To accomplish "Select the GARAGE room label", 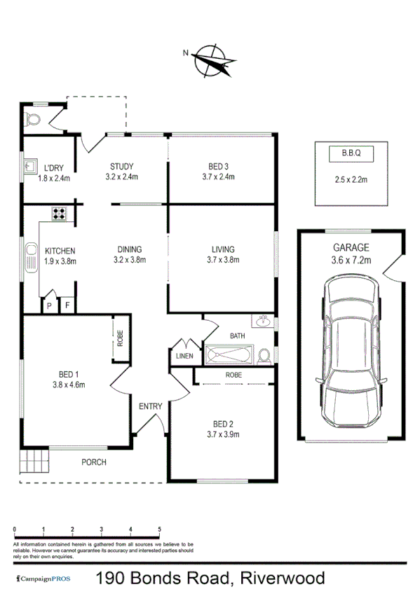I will coord(351,247).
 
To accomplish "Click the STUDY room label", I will coord(122,167).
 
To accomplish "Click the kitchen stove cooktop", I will coord(58,213).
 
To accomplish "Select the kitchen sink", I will coord(31,257).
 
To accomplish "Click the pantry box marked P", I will coord(49,305).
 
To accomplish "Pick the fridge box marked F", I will coord(68,305).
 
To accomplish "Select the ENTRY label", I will coord(150,406).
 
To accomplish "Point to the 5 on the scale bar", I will coord(160,529).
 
